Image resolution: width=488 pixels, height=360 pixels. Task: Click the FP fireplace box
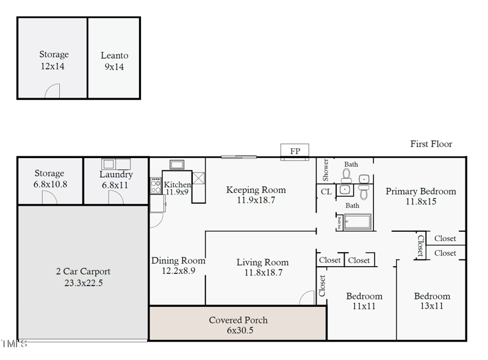pos(295,151)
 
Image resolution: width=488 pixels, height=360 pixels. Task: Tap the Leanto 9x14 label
pos(114,61)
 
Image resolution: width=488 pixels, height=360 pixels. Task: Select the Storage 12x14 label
pos(54,60)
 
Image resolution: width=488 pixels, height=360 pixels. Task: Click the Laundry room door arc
pos(115,197)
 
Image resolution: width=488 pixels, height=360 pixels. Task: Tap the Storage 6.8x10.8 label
pos(49,179)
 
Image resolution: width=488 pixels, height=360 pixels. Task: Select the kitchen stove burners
pos(156,185)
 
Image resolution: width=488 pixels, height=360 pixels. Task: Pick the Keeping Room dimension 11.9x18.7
pos(256,200)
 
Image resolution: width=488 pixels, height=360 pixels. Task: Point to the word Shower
pos(326,170)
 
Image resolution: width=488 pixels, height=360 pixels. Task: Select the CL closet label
pos(326,192)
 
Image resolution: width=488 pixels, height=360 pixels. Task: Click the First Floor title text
pos(431,144)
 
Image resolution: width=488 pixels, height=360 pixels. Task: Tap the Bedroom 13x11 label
pos(432,301)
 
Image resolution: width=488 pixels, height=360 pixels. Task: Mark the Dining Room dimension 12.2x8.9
pos(178,270)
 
